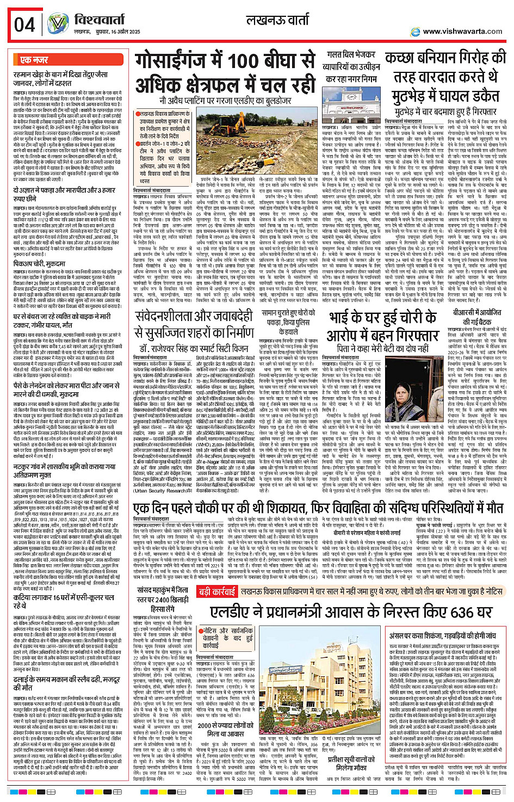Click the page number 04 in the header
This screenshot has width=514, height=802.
tap(25, 24)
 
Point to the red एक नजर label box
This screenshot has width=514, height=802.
tap(34, 60)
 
